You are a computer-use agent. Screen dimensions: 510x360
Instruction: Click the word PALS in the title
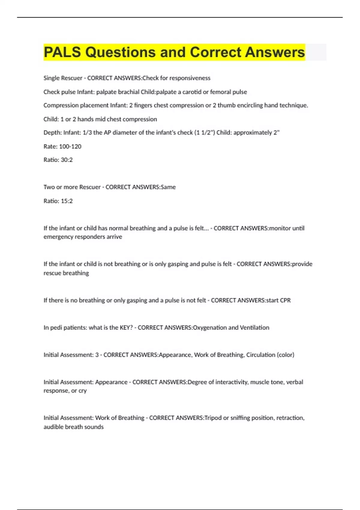click(62, 52)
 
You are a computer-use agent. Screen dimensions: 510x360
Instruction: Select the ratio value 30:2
click(67, 160)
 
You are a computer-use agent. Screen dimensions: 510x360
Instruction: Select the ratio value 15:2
click(67, 201)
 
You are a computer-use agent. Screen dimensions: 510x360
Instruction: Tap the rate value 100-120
click(70, 146)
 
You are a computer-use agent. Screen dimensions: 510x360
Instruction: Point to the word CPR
click(285, 300)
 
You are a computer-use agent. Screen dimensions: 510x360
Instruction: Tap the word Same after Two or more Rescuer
click(168, 187)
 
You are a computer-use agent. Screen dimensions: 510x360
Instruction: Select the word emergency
click(58, 237)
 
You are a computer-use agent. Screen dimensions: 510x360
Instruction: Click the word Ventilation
click(254, 328)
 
